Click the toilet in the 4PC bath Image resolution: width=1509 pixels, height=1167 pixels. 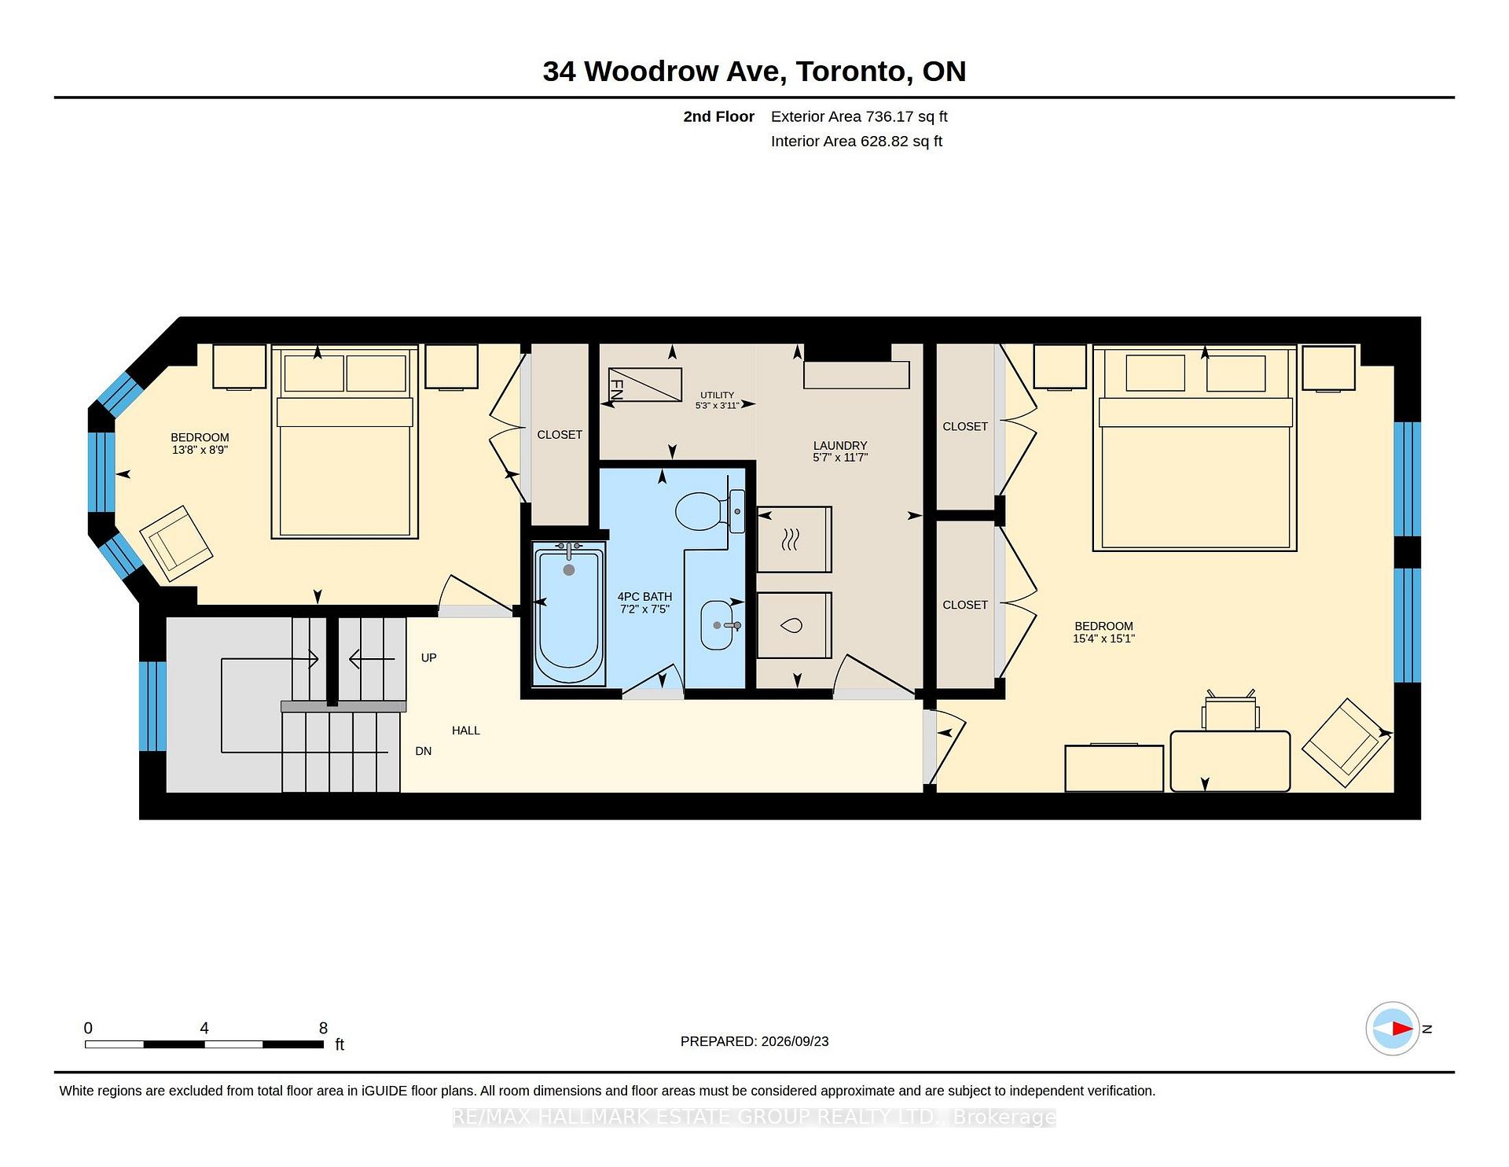(x=710, y=511)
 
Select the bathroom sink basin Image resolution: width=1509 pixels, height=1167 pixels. (x=716, y=625)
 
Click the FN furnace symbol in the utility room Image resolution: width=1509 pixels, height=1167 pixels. (x=644, y=385)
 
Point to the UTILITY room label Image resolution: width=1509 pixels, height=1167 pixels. (x=717, y=396)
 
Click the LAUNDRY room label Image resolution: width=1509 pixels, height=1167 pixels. (x=840, y=445)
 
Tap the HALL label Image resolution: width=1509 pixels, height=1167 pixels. (x=466, y=731)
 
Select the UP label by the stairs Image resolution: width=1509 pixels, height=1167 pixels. (x=428, y=657)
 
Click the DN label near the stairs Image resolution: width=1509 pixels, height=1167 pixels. (x=424, y=751)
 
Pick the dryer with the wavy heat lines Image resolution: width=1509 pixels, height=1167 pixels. (x=794, y=539)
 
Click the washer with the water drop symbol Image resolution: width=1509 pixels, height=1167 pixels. (x=794, y=625)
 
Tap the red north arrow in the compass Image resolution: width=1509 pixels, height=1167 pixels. (x=1402, y=1029)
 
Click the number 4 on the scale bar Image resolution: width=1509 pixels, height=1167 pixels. (x=204, y=1028)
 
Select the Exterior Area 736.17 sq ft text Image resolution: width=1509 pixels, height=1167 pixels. (x=859, y=116)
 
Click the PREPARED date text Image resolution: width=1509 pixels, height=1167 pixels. (x=754, y=1041)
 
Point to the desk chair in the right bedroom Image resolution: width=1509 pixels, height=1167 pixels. (x=1230, y=711)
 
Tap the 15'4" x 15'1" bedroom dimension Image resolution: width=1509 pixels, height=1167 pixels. (x=1103, y=639)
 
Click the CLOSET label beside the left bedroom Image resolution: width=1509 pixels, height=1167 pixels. (x=560, y=435)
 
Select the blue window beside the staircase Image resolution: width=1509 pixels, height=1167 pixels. (x=152, y=706)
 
